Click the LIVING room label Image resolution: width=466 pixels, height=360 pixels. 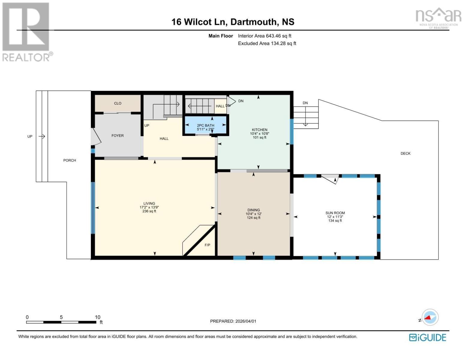[149, 203]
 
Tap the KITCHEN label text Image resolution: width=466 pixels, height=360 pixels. [260, 130]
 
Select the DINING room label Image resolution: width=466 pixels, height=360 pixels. [254, 210]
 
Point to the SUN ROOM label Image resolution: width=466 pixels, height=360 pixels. [335, 213]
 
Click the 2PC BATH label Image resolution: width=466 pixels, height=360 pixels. [206, 125]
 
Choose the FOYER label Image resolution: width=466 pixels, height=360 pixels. [118, 136]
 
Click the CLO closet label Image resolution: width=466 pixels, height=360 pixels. [118, 103]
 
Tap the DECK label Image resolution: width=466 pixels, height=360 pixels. [405, 153]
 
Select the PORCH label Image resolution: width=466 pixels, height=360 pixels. [70, 160]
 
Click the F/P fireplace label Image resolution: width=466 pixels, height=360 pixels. [207, 245]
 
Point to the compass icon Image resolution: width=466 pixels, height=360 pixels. [430, 317]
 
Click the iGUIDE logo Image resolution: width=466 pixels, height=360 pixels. [428, 337]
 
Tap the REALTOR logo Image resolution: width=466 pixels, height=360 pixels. [26, 31]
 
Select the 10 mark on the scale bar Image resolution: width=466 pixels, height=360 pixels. [98, 317]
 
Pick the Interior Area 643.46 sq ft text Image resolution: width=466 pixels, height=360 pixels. [265, 36]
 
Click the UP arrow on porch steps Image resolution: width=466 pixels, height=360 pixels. [42, 136]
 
